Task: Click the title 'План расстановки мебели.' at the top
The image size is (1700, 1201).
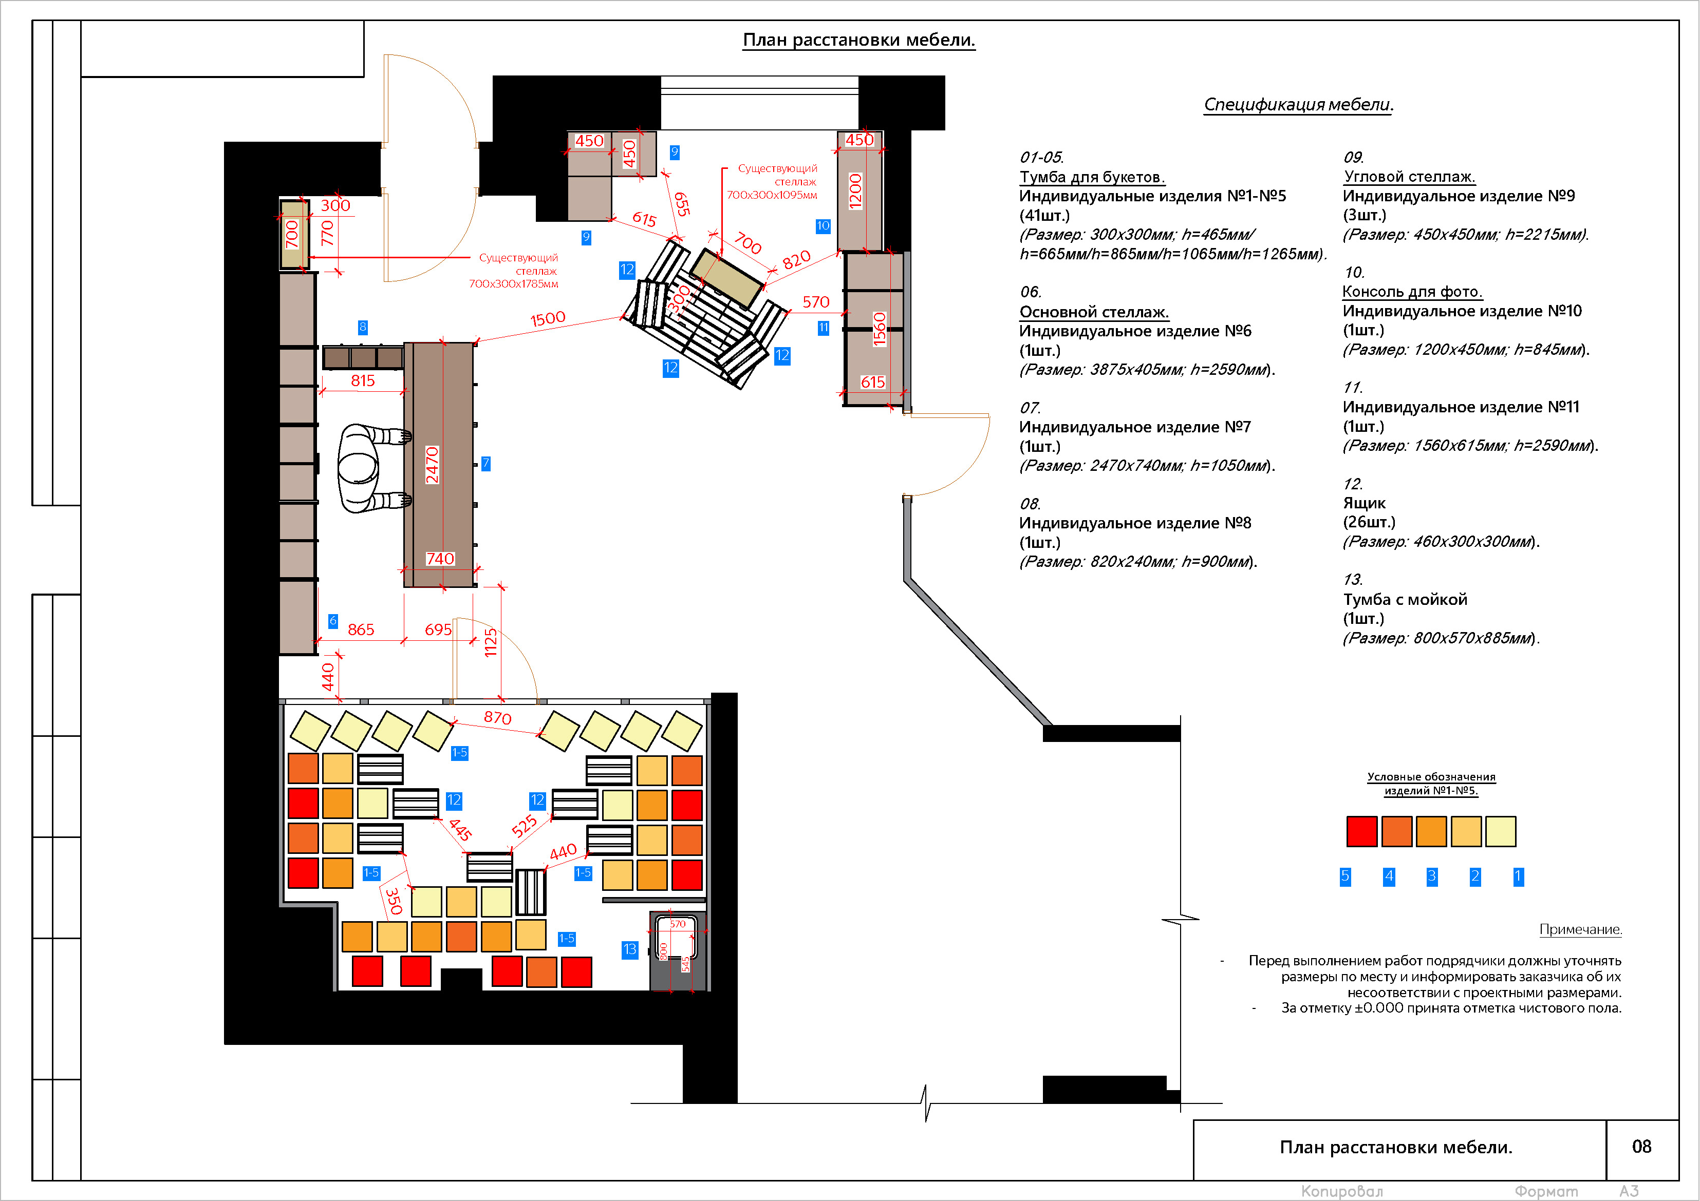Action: tap(859, 40)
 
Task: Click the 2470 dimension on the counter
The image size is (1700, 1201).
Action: tap(433, 465)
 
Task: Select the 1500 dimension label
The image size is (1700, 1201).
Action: tap(548, 319)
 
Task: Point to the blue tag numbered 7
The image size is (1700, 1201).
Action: tap(485, 463)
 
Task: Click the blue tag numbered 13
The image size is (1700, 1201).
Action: tap(630, 949)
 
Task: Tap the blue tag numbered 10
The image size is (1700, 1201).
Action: tap(823, 226)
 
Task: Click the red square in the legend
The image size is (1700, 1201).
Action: tap(1361, 831)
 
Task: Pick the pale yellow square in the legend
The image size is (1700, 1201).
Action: tap(1501, 831)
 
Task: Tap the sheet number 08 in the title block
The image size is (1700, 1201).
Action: tap(1641, 1146)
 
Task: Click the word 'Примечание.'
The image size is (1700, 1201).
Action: tap(1581, 929)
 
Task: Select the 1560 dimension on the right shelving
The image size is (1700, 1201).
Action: tap(879, 329)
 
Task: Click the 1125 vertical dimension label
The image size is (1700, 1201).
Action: tap(490, 642)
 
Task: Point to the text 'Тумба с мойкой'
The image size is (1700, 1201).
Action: tap(1405, 599)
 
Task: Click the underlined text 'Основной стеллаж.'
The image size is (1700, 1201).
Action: tap(1094, 312)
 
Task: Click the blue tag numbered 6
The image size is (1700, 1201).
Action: tap(333, 621)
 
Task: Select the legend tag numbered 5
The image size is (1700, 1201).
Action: tap(1346, 876)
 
